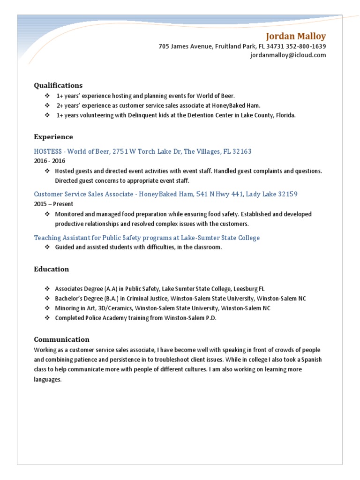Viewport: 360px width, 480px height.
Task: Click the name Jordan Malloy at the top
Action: pos(296,36)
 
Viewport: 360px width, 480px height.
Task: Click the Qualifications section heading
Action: pos(58,85)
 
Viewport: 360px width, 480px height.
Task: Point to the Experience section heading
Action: pos(53,137)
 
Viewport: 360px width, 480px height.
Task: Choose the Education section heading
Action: pos(52,269)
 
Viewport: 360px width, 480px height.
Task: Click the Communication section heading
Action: pos(62,339)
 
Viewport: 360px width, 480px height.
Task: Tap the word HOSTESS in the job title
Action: pos(48,151)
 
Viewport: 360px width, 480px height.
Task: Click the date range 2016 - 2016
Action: pos(49,160)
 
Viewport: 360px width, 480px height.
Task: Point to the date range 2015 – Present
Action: pos(53,204)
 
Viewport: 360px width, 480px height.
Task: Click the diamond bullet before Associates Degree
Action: pos(47,289)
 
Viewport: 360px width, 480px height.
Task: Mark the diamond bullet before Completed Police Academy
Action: pos(47,318)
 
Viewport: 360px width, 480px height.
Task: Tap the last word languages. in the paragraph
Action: pos(48,379)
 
